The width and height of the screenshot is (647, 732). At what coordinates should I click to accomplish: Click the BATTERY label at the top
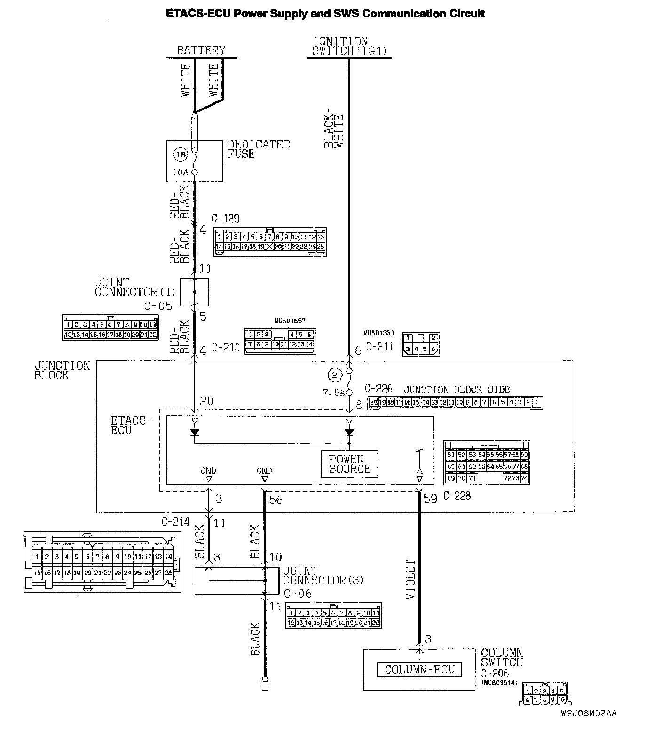click(x=201, y=50)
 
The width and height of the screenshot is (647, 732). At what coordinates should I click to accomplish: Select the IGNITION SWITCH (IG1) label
click(x=348, y=47)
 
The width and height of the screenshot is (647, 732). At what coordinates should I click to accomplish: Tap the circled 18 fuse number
click(x=181, y=154)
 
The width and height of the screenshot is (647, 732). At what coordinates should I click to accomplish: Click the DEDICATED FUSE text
click(x=259, y=149)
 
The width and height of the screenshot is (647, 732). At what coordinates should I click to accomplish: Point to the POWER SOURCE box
click(x=349, y=464)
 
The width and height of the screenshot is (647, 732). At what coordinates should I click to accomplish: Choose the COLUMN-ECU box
click(x=419, y=670)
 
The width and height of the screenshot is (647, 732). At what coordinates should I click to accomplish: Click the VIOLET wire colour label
click(x=411, y=579)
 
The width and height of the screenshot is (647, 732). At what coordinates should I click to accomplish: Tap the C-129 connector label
click(x=225, y=218)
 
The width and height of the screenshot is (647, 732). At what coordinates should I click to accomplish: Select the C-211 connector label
click(x=379, y=347)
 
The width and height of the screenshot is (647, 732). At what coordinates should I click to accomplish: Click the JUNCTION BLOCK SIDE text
click(x=457, y=390)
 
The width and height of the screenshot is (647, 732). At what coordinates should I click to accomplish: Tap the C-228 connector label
click(x=457, y=496)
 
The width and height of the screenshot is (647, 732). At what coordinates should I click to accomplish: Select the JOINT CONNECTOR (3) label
click(x=323, y=575)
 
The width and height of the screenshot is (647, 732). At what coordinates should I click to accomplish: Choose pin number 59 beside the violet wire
click(x=430, y=498)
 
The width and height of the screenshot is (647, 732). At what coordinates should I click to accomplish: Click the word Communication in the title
click(x=399, y=13)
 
